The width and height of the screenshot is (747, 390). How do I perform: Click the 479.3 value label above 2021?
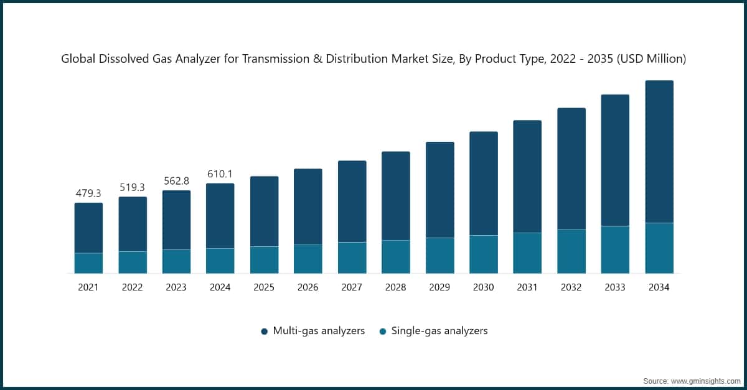point(88,193)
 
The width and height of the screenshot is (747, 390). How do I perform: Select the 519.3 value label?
point(133,187)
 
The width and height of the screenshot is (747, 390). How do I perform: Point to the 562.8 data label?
point(176,181)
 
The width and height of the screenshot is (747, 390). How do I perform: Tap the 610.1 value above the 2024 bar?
point(220,174)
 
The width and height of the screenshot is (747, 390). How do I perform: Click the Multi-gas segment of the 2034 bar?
point(659,151)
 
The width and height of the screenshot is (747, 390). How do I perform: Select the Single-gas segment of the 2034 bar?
point(659,248)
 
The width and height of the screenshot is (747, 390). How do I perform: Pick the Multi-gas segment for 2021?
point(88,228)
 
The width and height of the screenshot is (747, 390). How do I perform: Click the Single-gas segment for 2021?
point(88,263)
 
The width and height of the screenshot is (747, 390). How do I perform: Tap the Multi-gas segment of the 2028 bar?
point(396,196)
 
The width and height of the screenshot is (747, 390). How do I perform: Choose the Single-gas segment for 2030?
point(484,254)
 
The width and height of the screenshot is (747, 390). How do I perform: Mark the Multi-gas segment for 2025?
point(265,211)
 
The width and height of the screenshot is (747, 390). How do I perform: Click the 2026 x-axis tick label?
point(308,287)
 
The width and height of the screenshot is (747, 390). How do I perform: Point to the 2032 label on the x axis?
point(571,287)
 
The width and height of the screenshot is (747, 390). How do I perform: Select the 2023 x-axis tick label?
point(176,287)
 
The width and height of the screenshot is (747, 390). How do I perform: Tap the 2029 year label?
point(439,287)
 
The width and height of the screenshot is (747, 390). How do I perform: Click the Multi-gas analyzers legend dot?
point(264,332)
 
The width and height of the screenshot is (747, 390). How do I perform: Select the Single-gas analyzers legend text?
point(439,331)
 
